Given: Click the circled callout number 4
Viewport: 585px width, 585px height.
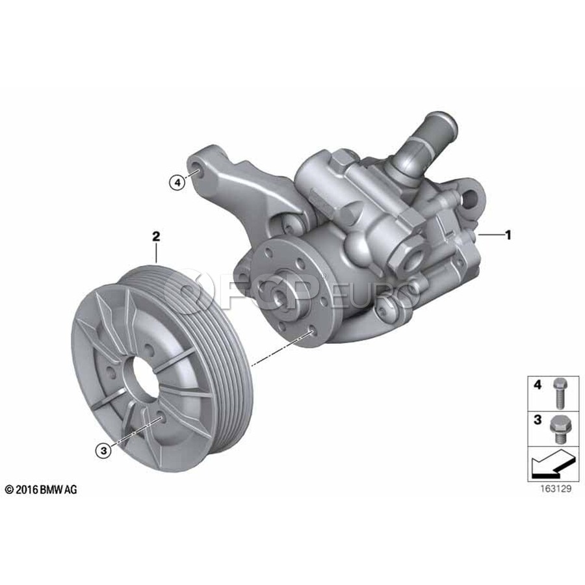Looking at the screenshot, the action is [x=177, y=183].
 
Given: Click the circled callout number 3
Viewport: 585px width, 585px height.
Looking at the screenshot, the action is [x=104, y=450].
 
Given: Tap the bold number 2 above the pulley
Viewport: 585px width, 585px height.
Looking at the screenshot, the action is [x=156, y=236].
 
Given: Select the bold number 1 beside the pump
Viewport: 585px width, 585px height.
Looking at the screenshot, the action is [x=508, y=235].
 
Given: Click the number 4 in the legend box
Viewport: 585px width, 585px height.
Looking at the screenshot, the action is [x=538, y=385].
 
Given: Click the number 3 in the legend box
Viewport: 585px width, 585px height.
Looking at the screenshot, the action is [x=538, y=420].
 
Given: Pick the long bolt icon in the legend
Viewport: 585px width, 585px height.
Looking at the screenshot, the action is [x=558, y=393].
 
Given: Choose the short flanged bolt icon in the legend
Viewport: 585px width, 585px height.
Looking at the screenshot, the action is [x=558, y=429].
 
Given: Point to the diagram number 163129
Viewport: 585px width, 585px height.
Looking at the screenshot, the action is [x=556, y=489].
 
